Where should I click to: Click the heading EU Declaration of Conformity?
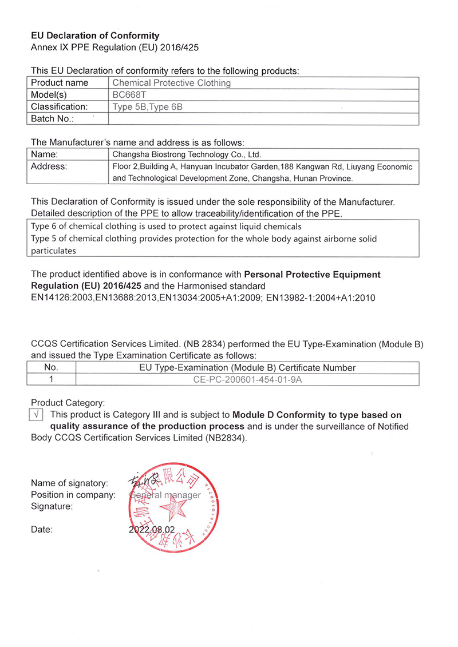[95, 36]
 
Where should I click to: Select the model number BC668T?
[125, 95]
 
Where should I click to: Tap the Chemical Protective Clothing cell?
[172, 83]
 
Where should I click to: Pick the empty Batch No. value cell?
[263, 119]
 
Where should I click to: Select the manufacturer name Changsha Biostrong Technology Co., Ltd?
[187, 154]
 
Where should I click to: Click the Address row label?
[49, 166]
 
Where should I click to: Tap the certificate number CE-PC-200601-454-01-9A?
[247, 379]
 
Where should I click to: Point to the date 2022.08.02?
[152, 530]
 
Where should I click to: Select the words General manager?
[165, 495]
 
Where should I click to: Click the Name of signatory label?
[69, 483]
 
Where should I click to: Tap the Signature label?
[52, 506]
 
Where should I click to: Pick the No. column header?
[52, 368]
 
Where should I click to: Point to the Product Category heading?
[68, 403]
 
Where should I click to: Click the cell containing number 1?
[52, 379]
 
